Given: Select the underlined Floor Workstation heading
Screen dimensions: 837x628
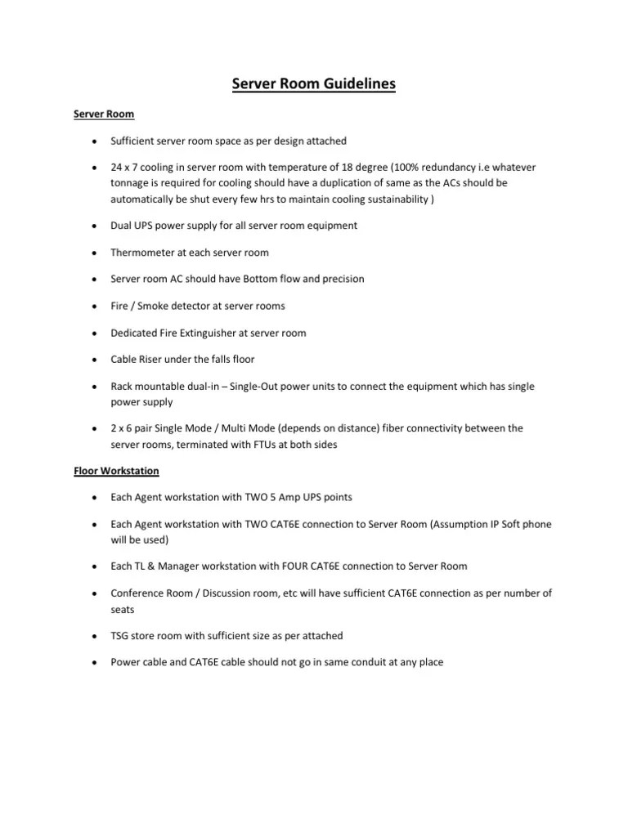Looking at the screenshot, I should [x=116, y=472].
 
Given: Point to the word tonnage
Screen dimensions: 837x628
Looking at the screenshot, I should [x=132, y=182].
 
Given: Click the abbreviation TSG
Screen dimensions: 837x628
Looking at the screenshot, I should [x=121, y=636].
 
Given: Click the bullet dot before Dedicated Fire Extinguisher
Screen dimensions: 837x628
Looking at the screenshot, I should [x=95, y=333].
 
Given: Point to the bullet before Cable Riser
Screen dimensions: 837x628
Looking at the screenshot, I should [x=95, y=360].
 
